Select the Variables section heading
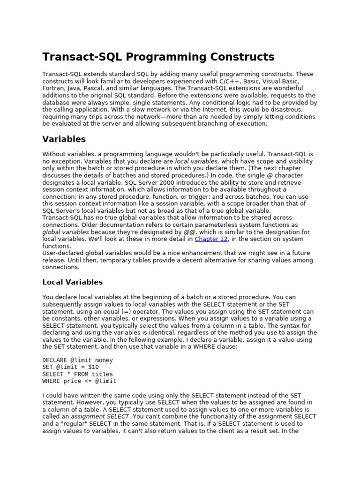click(64, 139)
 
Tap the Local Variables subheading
click(72, 282)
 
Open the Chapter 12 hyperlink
click(211, 239)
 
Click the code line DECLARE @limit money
click(77, 360)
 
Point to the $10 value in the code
click(93, 367)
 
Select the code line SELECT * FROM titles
click(77, 375)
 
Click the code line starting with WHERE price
click(79, 382)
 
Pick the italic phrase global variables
click(66, 232)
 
